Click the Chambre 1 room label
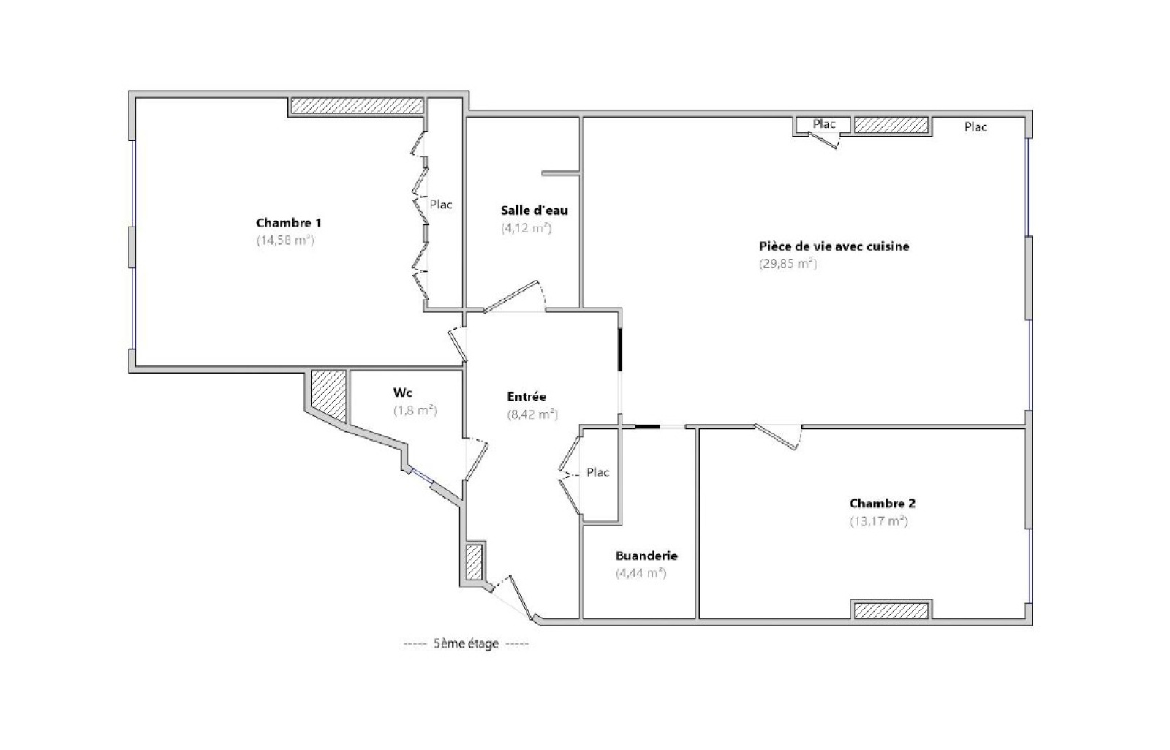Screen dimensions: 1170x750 click(288, 223)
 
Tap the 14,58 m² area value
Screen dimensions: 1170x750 click(285, 240)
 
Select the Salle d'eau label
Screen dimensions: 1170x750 click(534, 211)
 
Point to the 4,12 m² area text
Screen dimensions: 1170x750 click(526, 228)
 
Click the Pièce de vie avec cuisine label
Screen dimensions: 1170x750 click(834, 246)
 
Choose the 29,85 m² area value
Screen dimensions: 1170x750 click(788, 264)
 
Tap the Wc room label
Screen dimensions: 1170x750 click(402, 393)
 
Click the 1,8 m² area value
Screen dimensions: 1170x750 click(415, 411)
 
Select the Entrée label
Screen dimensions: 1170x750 click(526, 396)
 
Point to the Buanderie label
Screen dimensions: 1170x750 click(646, 556)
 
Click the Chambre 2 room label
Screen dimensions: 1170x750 click(882, 504)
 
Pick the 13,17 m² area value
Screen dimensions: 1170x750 click(878, 521)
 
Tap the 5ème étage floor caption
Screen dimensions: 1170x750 click(466, 643)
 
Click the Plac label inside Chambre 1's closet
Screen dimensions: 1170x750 click(440, 204)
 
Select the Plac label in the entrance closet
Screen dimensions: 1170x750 click(597, 472)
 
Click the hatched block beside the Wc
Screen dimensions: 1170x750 click(328, 395)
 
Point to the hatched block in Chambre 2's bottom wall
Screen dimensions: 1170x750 click(891, 610)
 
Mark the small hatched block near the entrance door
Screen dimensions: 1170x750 click(474, 562)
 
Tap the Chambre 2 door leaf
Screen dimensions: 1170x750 click(776, 436)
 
